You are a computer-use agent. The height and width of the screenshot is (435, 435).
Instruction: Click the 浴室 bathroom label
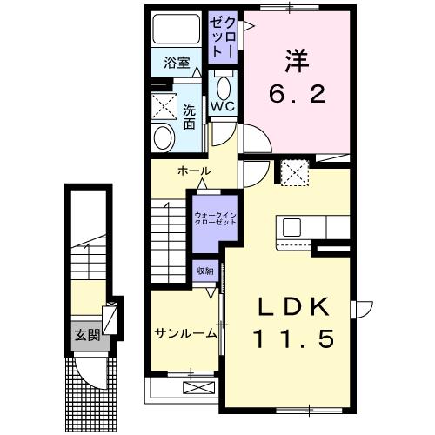(x=177, y=63)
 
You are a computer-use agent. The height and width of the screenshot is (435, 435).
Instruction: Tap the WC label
(x=223, y=106)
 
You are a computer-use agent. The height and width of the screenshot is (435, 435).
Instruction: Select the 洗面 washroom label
(x=189, y=117)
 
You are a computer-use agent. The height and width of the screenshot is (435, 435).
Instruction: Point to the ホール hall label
(x=194, y=171)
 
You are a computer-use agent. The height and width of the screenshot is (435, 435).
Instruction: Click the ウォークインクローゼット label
(x=215, y=219)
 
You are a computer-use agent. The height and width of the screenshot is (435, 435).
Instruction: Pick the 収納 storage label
(x=205, y=271)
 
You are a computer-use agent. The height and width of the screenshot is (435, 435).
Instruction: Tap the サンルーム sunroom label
(x=185, y=333)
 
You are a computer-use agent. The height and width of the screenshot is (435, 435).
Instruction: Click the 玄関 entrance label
(x=87, y=335)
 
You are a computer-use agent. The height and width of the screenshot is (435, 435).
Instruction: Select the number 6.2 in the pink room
(x=297, y=94)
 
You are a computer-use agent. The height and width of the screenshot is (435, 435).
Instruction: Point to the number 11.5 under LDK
(x=294, y=339)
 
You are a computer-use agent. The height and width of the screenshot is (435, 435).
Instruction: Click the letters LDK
(x=294, y=307)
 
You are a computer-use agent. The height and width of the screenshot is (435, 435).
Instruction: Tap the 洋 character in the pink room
(x=297, y=61)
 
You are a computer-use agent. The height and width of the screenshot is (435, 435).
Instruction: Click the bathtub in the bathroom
(x=177, y=30)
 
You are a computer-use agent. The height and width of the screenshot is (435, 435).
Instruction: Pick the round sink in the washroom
(x=164, y=138)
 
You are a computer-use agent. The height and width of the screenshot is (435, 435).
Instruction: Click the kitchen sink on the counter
(x=291, y=227)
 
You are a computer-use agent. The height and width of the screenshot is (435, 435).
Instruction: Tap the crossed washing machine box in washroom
(x=164, y=106)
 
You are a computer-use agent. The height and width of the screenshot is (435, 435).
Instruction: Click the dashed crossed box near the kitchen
(x=295, y=172)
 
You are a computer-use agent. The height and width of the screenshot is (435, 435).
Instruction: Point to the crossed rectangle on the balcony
(x=199, y=387)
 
